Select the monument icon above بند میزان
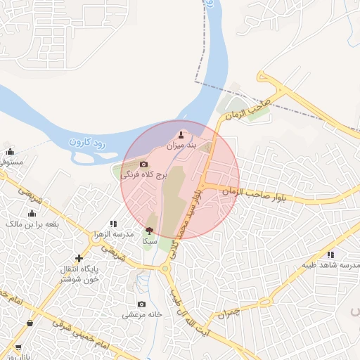tap(181, 134)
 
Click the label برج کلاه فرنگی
tap(144, 175)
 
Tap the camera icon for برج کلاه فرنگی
tap(144, 164)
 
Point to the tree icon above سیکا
tap(148, 230)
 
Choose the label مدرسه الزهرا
tap(113, 233)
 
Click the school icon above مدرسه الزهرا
tap(113, 224)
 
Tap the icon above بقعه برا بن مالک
tap(31, 213)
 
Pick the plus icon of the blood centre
tap(79, 258)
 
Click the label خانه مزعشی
tap(143, 315)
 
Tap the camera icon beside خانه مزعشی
tap(142, 304)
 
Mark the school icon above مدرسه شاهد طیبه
tap(330, 254)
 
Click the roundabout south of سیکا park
tap(166, 268)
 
